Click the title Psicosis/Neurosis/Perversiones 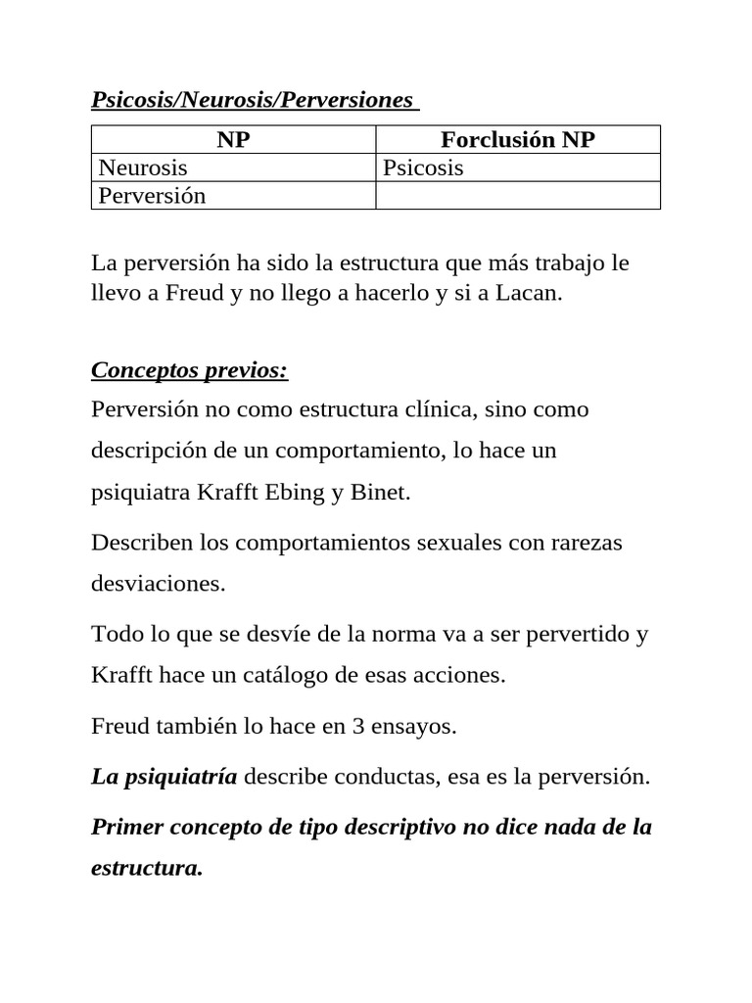click(x=252, y=101)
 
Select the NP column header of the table click(x=233, y=140)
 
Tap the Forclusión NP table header click(x=518, y=140)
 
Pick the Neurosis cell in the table click(x=143, y=167)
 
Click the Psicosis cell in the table click(x=423, y=167)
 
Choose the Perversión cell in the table click(x=153, y=195)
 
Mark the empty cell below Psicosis click(x=518, y=195)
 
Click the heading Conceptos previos click(x=189, y=371)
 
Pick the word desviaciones click(x=158, y=584)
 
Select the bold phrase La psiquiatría click(x=164, y=778)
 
